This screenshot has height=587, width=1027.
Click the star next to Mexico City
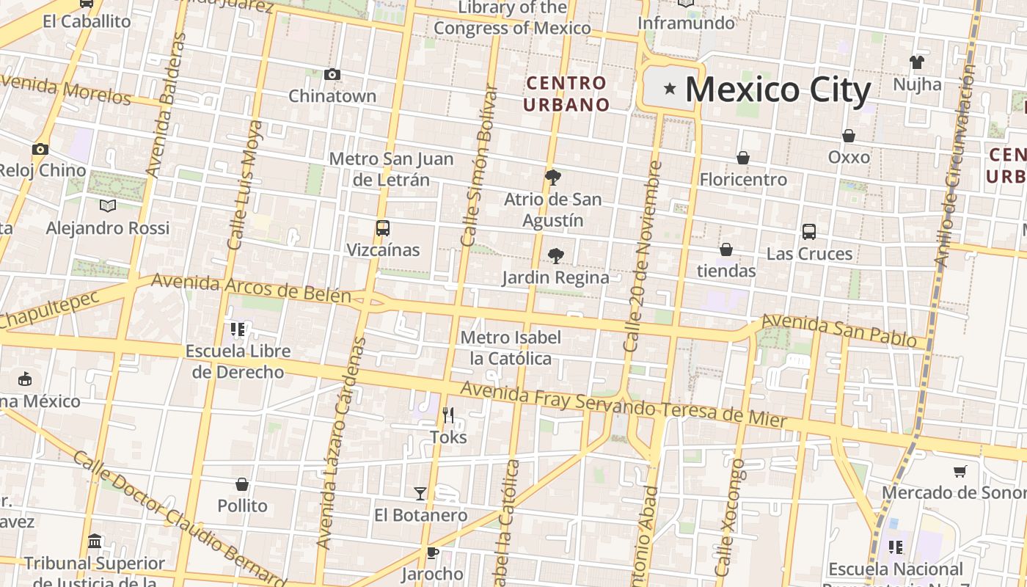669,89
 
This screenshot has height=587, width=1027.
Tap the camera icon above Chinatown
332,74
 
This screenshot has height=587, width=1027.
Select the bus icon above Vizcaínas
382,228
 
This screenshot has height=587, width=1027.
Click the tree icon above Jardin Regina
555,256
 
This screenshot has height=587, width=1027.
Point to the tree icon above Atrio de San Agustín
553,177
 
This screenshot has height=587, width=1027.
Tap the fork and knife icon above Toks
448,415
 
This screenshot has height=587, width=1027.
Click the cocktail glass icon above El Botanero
420,493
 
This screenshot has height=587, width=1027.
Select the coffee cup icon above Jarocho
432,553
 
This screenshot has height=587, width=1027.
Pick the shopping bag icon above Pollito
242,484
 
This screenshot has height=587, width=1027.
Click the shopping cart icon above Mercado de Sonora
960,471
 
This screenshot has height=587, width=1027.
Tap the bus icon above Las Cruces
809,232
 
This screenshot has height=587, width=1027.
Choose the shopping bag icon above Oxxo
849,136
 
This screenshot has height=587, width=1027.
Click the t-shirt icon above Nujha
917,62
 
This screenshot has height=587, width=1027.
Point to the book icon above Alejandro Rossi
108,206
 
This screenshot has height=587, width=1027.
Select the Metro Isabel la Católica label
511,349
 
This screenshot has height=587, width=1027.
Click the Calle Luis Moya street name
245,185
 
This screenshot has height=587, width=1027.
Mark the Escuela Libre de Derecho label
238,362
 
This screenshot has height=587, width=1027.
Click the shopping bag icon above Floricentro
742,158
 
